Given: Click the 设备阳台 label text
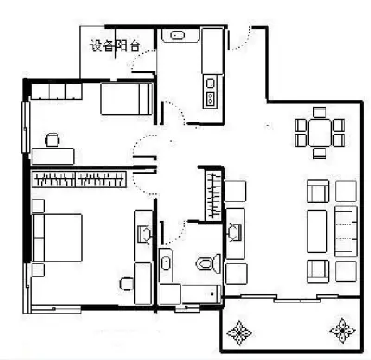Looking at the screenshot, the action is [115, 45].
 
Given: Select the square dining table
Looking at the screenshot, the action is [320, 133].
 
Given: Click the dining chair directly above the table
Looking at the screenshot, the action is [320, 112].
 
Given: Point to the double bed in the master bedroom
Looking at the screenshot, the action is [58, 238].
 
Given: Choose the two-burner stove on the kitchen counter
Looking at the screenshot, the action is [211, 97].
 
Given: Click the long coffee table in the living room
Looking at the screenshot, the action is [317, 231].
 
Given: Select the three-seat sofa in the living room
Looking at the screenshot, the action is [346, 231].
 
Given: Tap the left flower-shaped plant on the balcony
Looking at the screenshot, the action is [239, 333].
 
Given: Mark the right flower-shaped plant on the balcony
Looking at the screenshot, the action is [342, 330].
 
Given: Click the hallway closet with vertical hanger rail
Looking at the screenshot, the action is [213, 194].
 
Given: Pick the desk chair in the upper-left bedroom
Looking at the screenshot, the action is [53, 139].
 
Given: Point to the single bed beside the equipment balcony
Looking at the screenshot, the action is [127, 98].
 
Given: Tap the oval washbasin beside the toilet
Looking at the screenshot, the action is [166, 263].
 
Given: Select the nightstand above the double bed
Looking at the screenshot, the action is [38, 206].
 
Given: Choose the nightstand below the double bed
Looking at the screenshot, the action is [38, 270].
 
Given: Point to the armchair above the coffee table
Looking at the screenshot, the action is [318, 191].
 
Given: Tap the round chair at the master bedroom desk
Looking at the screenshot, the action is [127, 284].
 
